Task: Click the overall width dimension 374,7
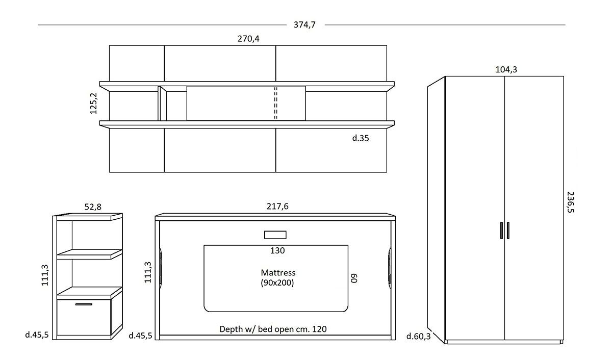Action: pos(304,25)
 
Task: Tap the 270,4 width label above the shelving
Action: pos(248,39)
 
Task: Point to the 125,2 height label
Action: pos(93,104)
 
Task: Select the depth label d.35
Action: pos(361,138)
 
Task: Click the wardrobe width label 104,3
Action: pos(506,70)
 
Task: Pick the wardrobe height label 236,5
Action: pos(571,202)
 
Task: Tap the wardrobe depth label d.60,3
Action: pos(418,336)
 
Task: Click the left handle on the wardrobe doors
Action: pos(501,230)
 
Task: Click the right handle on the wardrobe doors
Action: pos(508,230)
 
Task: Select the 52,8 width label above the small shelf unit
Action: pos(93,207)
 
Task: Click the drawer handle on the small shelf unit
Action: pos(84,304)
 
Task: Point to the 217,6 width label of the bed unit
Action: pos(277,206)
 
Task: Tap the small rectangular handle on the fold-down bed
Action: pos(275,235)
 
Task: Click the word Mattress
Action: pos(278,273)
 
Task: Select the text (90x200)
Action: pos(277,282)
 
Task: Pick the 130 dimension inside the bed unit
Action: pos(277,250)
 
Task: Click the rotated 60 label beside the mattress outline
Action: pos(354,278)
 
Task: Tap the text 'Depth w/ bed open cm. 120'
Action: pos(273,329)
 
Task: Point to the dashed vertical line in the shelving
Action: pos(276,103)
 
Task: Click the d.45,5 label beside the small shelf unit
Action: pos(37,335)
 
